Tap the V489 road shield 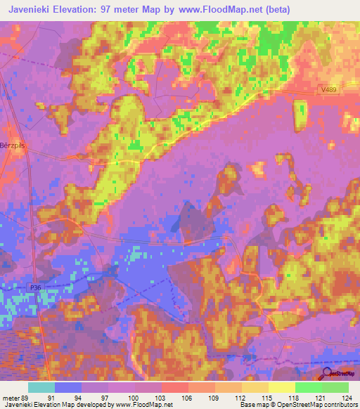click(x=323, y=89)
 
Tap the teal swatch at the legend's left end click(x=41, y=387)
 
